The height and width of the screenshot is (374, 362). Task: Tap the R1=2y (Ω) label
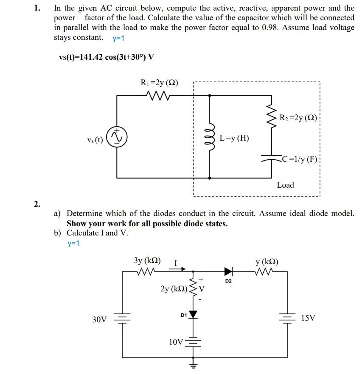click(x=159, y=83)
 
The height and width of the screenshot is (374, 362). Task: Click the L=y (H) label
click(x=235, y=138)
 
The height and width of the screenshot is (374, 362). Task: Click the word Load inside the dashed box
click(x=285, y=185)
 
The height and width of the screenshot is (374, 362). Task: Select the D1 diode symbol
click(x=194, y=314)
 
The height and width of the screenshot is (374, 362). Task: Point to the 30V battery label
click(x=99, y=319)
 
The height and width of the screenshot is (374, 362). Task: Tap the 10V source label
click(x=176, y=342)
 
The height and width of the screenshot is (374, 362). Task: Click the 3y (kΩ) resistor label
click(x=147, y=260)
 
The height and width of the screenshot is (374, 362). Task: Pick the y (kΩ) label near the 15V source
click(x=267, y=261)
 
